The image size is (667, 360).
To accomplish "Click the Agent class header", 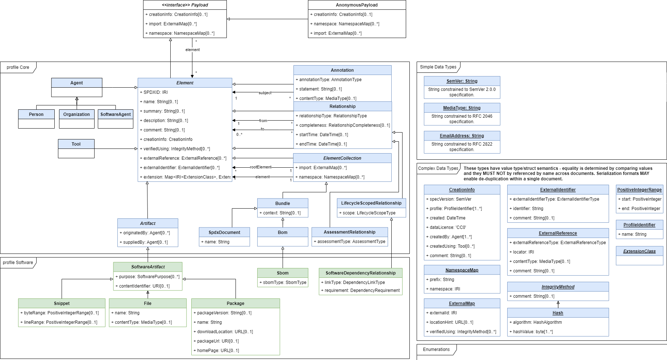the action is coord(77,83).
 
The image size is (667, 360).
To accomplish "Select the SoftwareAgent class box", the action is coord(116,119).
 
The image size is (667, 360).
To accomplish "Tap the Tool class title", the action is coord(76,144).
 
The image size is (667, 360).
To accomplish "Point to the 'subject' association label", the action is coord(265,93).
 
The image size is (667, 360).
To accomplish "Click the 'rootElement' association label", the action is coord(260,167).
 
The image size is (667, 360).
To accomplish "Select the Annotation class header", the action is coord(342,70).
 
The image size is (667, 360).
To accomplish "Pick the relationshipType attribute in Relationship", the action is coord(331,116).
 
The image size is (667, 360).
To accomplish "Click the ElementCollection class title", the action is coord(342,158).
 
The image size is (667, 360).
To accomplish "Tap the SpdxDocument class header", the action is coord(224,233).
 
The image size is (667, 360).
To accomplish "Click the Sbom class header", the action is coord(283,273).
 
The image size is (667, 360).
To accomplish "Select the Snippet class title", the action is coord(62,304).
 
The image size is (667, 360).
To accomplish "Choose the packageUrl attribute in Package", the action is coord(216,341).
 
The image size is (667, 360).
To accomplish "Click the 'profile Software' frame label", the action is coord(18,263).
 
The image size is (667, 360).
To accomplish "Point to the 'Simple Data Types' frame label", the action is coord(438,67).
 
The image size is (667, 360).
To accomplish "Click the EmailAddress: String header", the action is coord(462,136).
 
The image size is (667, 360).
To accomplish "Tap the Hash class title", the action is coord(558,313).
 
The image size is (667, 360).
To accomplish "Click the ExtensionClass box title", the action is coord(639,251).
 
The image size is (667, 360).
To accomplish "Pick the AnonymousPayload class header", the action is coord(357,5).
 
